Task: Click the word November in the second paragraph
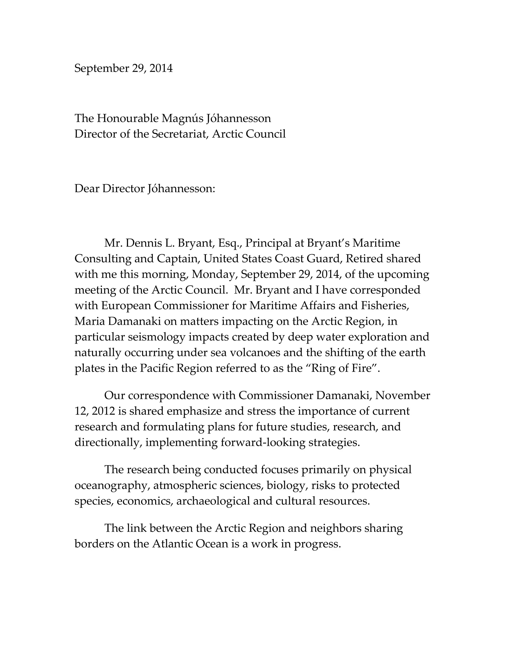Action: pos(403,396)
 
